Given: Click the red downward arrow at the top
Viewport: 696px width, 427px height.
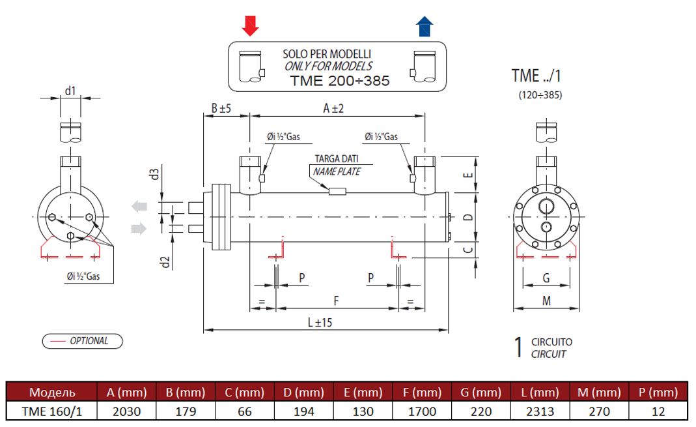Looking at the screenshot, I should pyautogui.click(x=250, y=26).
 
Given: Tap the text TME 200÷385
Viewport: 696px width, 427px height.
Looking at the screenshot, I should pyautogui.click(x=339, y=81).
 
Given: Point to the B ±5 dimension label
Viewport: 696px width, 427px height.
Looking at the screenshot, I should pyautogui.click(x=221, y=109).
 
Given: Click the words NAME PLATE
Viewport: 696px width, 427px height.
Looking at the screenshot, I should pyautogui.click(x=337, y=171).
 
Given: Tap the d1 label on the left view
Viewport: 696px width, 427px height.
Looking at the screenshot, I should pyautogui.click(x=70, y=91).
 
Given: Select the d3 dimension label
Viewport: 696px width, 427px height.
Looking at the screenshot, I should pyautogui.click(x=154, y=175).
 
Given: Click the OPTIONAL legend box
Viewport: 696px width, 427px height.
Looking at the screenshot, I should pyautogui.click(x=82, y=340).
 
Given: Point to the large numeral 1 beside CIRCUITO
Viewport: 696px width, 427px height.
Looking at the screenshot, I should pyautogui.click(x=518, y=347).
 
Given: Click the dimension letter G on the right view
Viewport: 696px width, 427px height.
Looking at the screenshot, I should pyautogui.click(x=546, y=278).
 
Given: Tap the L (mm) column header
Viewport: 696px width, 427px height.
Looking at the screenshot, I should pyautogui.click(x=540, y=392).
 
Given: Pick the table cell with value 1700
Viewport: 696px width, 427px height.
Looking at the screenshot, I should pyautogui.click(x=423, y=411).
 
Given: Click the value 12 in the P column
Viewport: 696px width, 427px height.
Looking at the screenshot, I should pyautogui.click(x=659, y=411).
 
